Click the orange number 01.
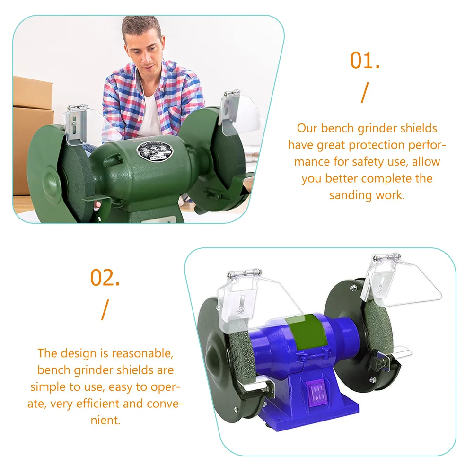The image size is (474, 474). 365,61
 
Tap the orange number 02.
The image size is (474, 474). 105,278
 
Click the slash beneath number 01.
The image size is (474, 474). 365,93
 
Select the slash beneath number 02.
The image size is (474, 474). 105,310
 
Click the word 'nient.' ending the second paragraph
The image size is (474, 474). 105,421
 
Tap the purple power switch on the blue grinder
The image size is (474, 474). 317,392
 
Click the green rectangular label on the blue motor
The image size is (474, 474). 306,332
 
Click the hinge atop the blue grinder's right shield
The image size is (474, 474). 387,257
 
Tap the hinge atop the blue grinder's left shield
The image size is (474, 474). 245,272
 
